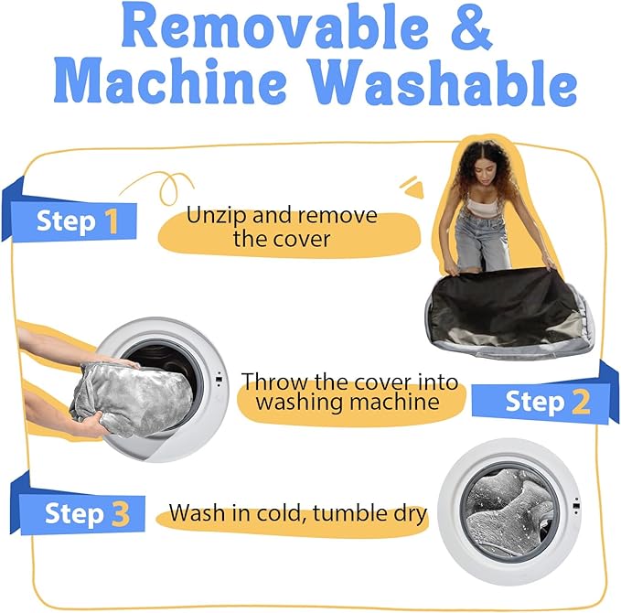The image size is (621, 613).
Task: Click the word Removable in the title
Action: [x=275, y=27]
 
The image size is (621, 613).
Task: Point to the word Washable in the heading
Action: [x=442, y=82]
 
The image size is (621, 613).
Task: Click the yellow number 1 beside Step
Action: [x=112, y=221]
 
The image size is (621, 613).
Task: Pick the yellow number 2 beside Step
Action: [x=581, y=402]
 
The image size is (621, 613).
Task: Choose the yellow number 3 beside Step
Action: [x=121, y=513]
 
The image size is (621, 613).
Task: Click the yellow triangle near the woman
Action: [x=412, y=188]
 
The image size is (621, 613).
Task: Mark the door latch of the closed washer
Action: [x=576, y=506]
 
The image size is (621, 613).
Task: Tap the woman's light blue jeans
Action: [x=481, y=242]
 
